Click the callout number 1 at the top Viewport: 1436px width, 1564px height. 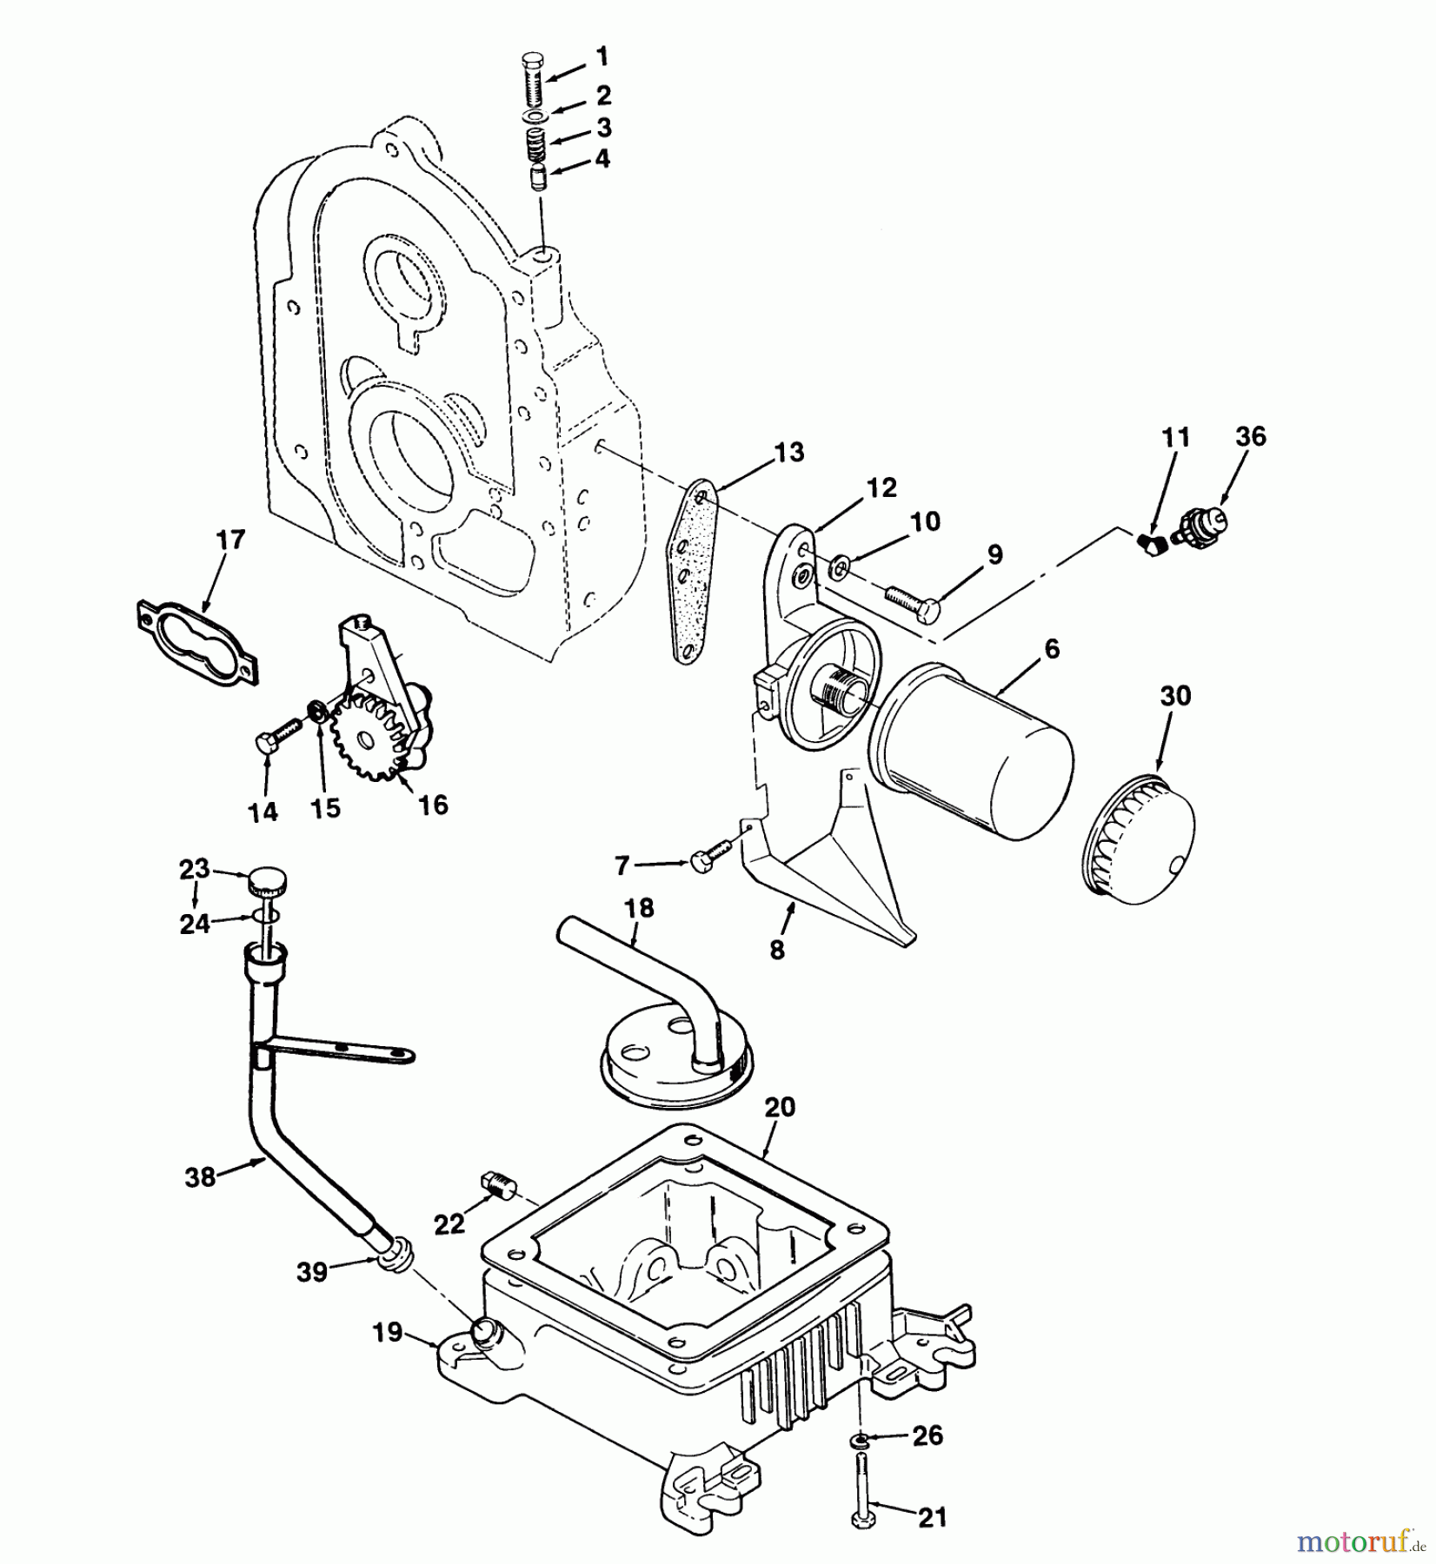coord(602,57)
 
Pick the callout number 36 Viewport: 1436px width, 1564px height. coord(1250,437)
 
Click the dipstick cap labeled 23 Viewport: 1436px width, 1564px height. coord(267,883)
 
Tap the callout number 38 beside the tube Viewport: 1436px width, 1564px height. coord(200,1178)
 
